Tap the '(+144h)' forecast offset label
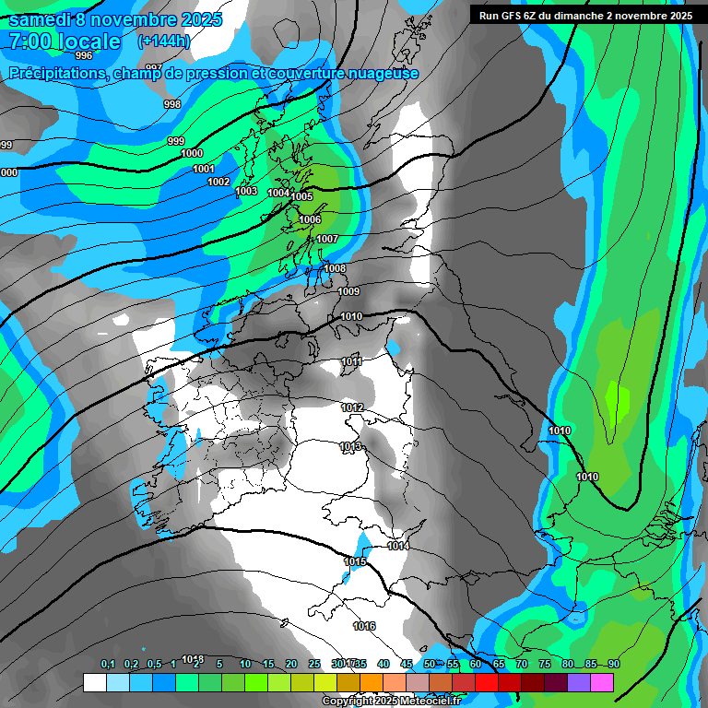[x=163, y=41]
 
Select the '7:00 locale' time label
[x=65, y=41]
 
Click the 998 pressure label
[x=172, y=104]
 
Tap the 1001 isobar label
[x=204, y=169]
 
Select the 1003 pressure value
[x=246, y=191]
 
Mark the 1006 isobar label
[x=310, y=219]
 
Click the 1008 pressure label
[x=335, y=268]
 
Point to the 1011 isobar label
[x=351, y=361]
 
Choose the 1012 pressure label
[x=352, y=407]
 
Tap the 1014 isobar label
[x=398, y=546]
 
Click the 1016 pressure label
[x=364, y=626]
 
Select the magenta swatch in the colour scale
[x=602, y=682]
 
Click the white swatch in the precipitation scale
[x=94, y=682]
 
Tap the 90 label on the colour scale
[x=613, y=664]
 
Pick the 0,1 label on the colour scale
[x=108, y=664]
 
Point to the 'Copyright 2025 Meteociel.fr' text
[x=391, y=702]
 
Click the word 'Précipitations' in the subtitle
[x=54, y=74]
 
